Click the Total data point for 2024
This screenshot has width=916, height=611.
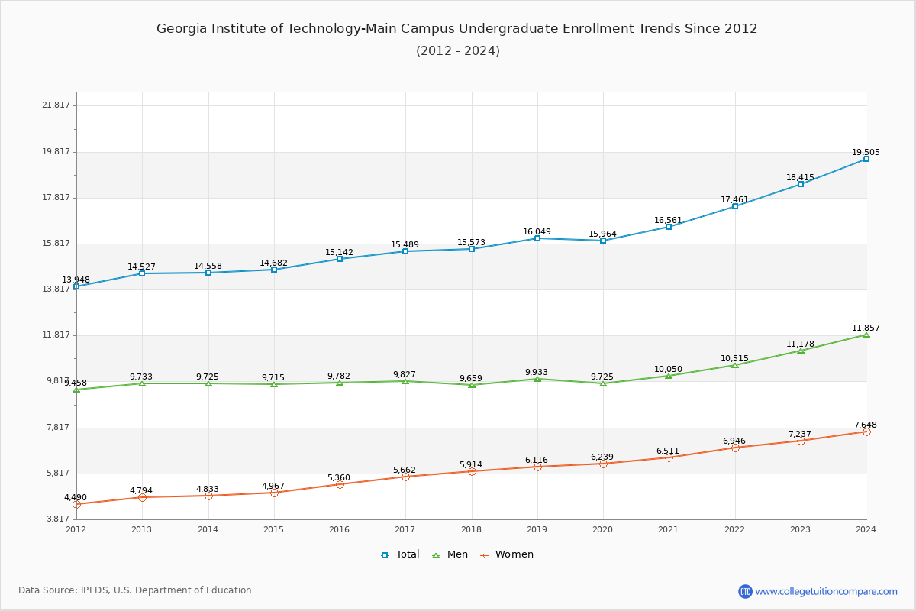point(866,159)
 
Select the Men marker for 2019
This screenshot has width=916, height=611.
point(537,379)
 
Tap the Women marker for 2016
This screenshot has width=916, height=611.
point(340,484)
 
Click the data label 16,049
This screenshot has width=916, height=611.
point(537,232)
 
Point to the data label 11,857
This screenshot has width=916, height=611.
point(866,328)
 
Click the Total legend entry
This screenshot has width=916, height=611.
point(401,554)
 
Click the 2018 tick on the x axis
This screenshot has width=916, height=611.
point(471,529)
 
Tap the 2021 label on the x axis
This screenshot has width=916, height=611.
point(668,529)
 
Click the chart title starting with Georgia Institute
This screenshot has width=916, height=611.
point(457,29)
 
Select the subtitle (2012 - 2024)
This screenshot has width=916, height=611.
point(457,51)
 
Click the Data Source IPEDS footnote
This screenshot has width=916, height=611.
point(135,590)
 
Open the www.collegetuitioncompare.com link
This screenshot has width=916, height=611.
point(826,591)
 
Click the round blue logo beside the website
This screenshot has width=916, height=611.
point(745,591)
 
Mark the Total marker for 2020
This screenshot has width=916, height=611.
point(603,241)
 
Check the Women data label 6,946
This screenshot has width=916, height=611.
point(734,441)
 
